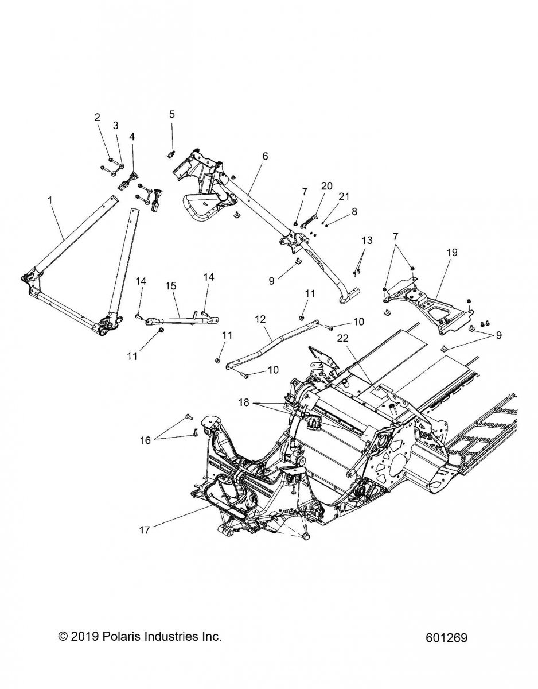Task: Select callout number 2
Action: [x=97, y=117]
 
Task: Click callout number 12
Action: [x=260, y=318]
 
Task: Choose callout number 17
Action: [x=144, y=530]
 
